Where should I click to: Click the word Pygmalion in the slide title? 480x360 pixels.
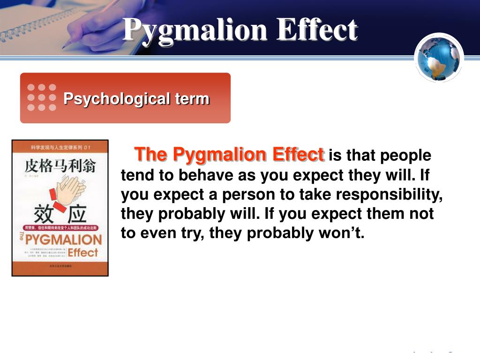pyautogui.click(x=195, y=30)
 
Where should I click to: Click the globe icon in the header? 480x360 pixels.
pyautogui.click(x=439, y=58)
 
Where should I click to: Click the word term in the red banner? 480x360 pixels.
pyautogui.click(x=192, y=99)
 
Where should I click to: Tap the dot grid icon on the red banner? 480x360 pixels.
pyautogui.click(x=42, y=97)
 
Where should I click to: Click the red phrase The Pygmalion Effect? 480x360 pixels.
pyautogui.click(x=229, y=154)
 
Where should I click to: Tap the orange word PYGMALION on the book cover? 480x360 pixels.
pyautogui.click(x=63, y=240)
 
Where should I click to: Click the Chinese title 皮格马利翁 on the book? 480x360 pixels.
pyautogui.click(x=60, y=166)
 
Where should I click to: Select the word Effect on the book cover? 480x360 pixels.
pyautogui.click(x=83, y=253)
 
